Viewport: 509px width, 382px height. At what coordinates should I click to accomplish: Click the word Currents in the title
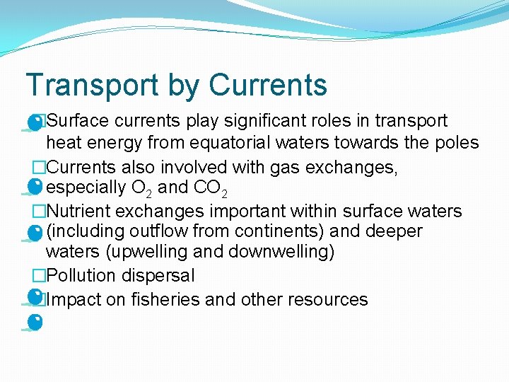point(268,85)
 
